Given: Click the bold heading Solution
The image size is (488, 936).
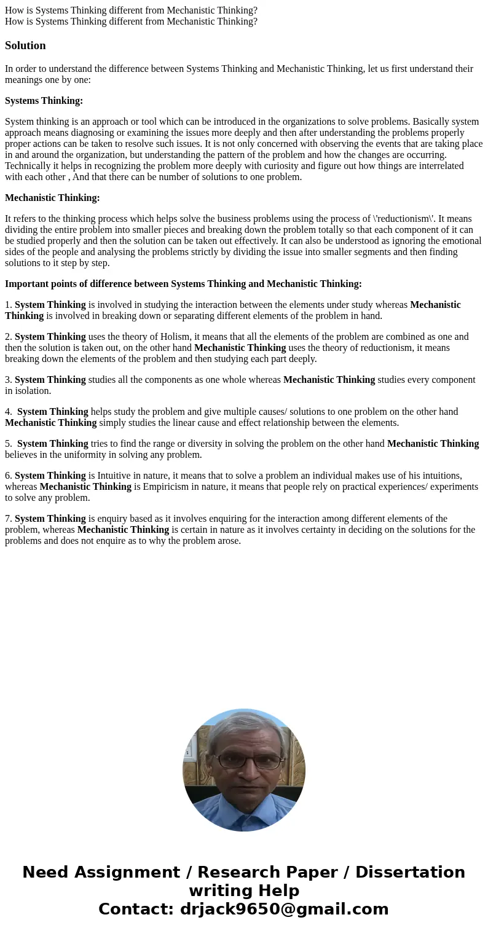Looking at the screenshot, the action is (x=25, y=45).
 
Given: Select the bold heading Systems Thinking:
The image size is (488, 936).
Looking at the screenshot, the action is (x=44, y=101).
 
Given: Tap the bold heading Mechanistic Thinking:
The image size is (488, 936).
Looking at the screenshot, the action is (x=52, y=198).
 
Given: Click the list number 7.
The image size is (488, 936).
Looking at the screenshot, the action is (x=8, y=519).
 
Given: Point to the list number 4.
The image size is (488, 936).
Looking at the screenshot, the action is (x=8, y=412).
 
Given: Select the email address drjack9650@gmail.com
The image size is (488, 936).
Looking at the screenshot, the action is (x=284, y=909).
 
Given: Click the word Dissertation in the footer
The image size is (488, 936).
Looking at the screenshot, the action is (x=410, y=872).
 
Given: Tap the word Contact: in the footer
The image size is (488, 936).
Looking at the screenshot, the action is (x=136, y=909).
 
